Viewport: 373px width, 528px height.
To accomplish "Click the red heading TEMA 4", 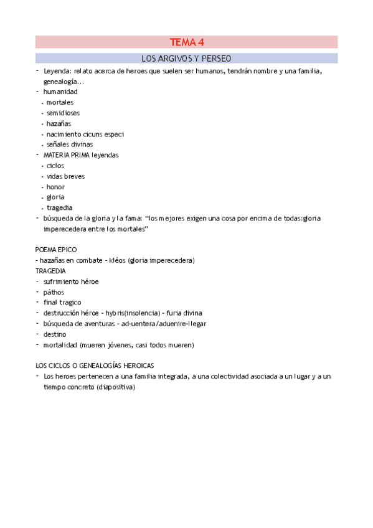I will (x=187, y=42).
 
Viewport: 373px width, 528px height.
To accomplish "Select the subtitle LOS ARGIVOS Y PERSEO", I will (x=187, y=59).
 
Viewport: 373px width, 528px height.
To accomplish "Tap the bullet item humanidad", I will (x=60, y=92).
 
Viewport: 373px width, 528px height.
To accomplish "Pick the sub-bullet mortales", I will (x=60, y=102).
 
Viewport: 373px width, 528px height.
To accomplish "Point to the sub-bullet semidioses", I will (x=63, y=113).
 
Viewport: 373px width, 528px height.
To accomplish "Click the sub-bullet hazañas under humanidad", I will (x=59, y=123).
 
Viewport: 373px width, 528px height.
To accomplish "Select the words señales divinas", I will (x=69, y=144).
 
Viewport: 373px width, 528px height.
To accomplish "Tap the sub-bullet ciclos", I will (x=55, y=166).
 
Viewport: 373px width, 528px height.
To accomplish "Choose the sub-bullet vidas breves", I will (x=65, y=176).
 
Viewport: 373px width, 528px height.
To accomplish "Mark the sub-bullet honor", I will (x=55, y=187).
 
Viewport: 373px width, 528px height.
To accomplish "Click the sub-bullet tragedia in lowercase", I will (x=59, y=208).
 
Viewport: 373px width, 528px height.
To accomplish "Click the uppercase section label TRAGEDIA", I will (x=51, y=271).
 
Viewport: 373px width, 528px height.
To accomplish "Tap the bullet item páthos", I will (x=54, y=292).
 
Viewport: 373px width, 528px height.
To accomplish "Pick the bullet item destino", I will (x=55, y=334).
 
